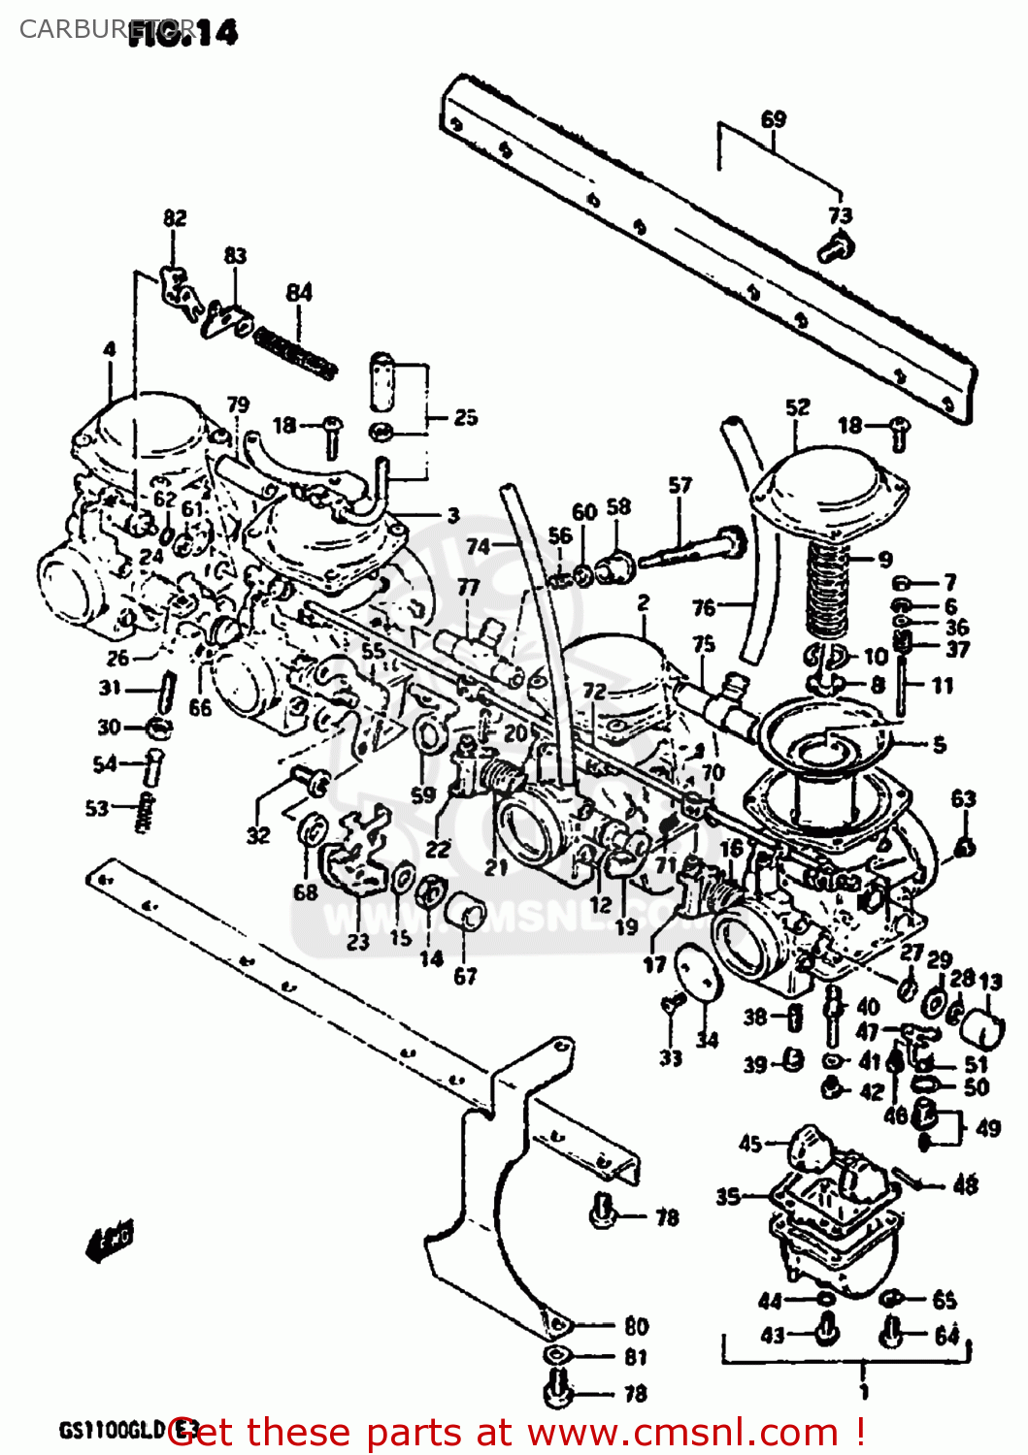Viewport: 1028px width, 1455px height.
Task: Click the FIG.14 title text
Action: click(184, 32)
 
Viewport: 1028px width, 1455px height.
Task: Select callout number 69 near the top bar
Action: click(773, 119)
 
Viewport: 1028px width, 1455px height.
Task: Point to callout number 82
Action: click(175, 218)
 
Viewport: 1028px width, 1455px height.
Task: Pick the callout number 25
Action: click(466, 417)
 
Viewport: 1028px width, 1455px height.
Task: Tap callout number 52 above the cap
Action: click(797, 407)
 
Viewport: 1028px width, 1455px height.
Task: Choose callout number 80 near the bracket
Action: click(636, 1326)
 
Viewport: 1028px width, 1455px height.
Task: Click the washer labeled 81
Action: click(555, 1355)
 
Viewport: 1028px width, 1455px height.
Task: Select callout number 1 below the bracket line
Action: click(863, 1391)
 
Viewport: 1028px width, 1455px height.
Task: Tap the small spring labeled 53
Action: click(146, 811)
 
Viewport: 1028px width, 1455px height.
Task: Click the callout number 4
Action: click(110, 349)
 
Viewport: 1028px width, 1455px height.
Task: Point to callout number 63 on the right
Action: click(963, 798)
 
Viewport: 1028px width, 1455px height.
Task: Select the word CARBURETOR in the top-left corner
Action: click(73, 29)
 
